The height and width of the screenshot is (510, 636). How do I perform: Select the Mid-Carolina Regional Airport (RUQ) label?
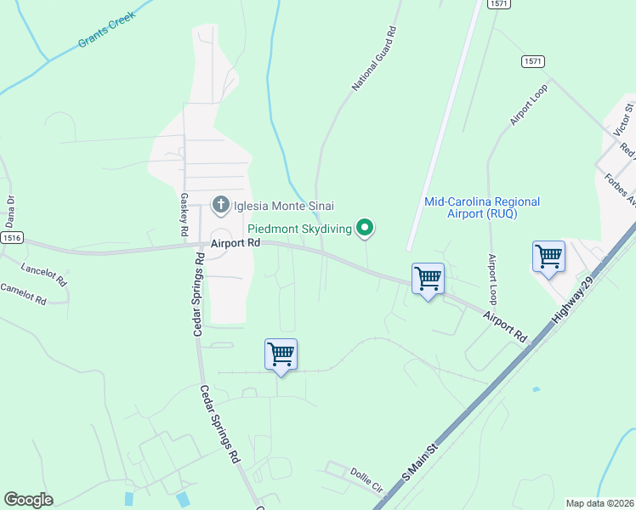(x=482, y=207)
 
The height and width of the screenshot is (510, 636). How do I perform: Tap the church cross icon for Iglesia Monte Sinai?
(x=220, y=204)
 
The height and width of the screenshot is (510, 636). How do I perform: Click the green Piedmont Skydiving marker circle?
(x=366, y=227)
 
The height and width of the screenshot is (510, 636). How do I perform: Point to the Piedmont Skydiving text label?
(x=299, y=229)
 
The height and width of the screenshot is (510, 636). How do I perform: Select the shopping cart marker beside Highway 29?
(x=548, y=256)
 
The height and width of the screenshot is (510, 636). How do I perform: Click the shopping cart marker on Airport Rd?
(x=427, y=278)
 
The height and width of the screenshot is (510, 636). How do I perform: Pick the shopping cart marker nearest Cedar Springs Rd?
(x=281, y=354)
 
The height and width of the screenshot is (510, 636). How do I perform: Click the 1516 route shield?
(x=12, y=239)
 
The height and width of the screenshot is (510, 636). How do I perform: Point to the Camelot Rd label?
(x=23, y=293)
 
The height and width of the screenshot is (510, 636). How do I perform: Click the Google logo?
(x=28, y=500)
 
